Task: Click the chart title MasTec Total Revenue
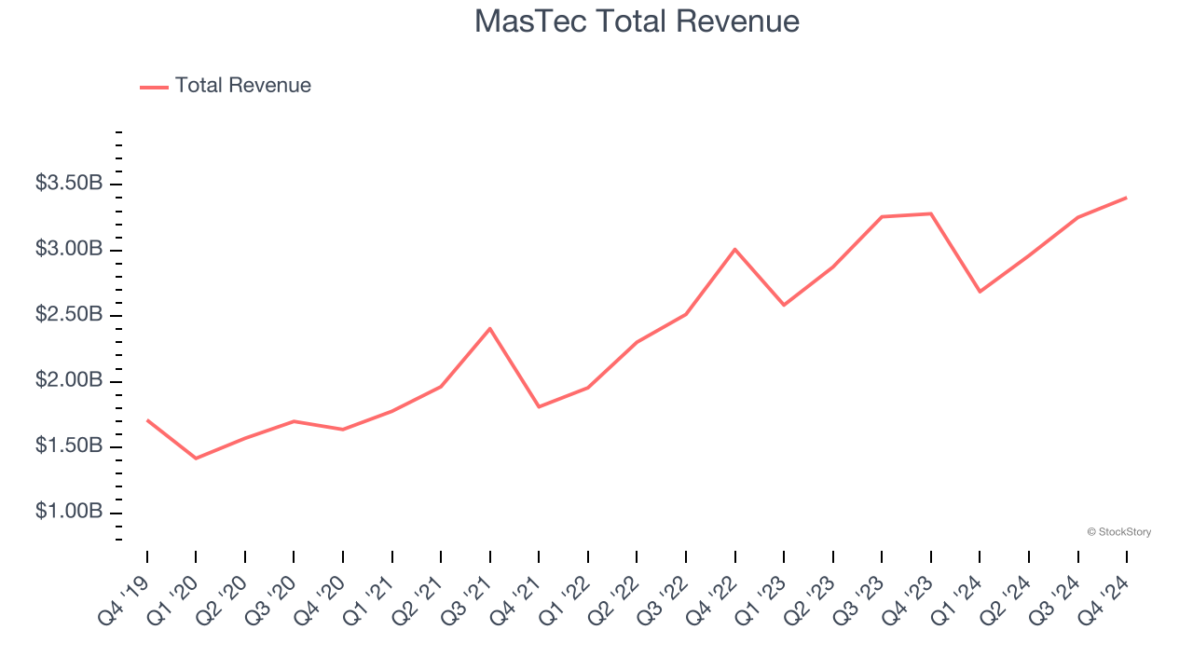637,21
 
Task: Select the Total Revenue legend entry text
242,86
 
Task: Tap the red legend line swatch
154,87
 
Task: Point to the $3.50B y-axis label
69,184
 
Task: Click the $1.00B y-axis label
69,513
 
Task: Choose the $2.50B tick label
69,315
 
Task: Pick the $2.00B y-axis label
69,381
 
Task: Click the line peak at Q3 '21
490,328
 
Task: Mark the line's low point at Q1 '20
196,459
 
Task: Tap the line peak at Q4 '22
735,249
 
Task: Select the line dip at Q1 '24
980,292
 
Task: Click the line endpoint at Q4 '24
1126,198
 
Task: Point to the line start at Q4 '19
147,420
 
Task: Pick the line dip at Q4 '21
539,407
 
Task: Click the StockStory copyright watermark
1118,532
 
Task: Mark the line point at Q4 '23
931,213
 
